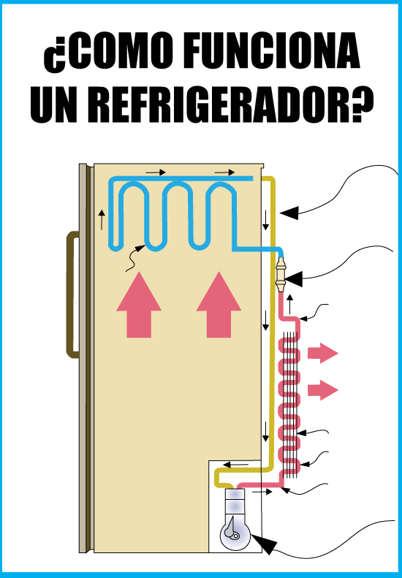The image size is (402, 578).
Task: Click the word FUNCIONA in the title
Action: [270, 52]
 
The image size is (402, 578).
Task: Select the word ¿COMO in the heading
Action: [109, 53]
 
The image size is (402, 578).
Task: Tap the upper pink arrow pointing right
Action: [323, 353]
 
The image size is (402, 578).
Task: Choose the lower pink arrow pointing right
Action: [323, 390]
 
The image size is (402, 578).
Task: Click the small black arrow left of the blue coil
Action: [102, 220]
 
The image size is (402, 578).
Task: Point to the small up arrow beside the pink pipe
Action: [290, 305]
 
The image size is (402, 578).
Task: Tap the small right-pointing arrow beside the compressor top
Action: [262, 492]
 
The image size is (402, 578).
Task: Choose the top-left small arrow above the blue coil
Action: [156, 172]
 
